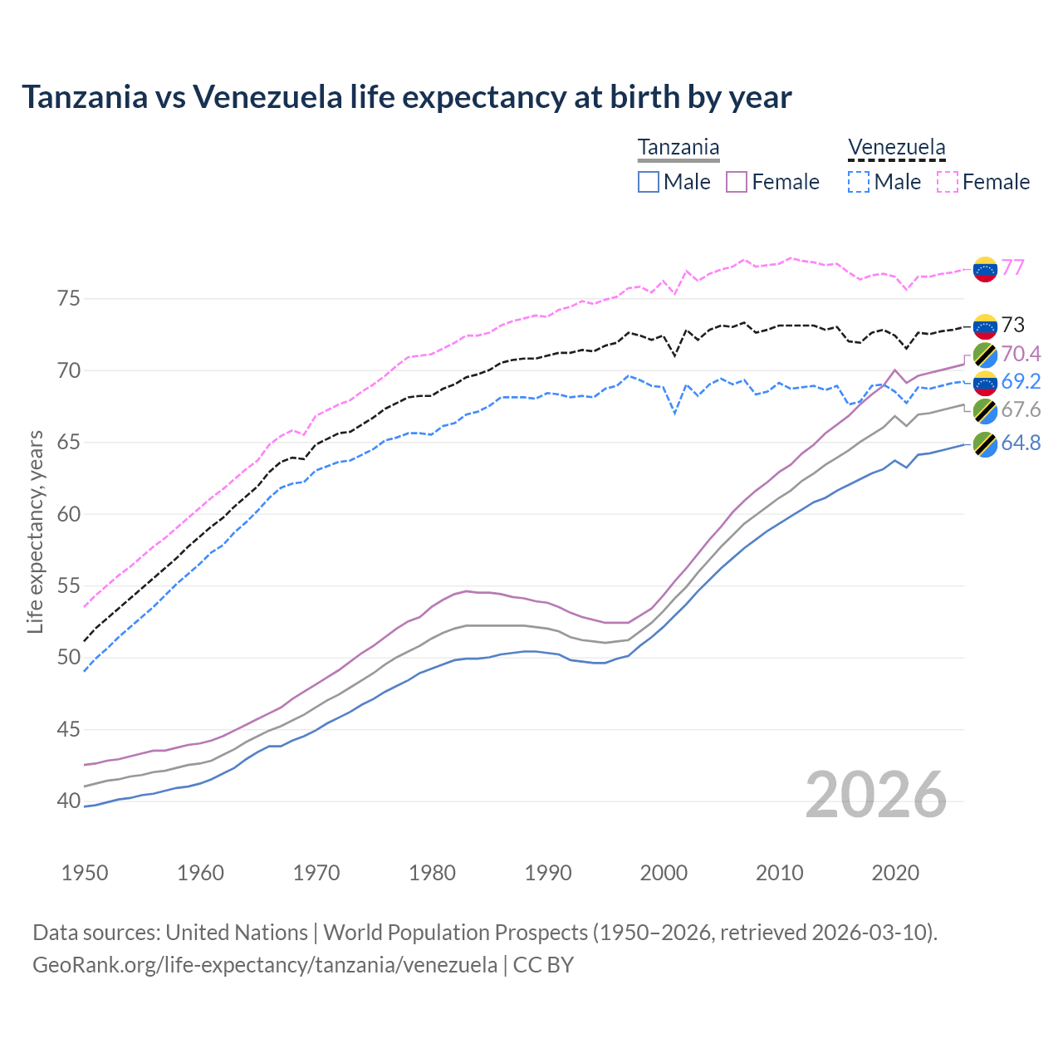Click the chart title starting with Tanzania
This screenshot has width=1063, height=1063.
[406, 97]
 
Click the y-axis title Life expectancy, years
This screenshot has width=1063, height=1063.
[35, 531]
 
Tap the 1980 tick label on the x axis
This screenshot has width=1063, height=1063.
[432, 873]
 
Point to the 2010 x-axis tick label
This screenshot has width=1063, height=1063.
[779, 873]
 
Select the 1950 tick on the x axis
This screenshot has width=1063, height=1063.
[85, 873]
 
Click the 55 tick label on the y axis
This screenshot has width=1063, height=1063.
[69, 585]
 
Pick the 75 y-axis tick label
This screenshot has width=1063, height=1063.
[69, 298]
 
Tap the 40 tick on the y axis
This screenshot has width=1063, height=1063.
[69, 801]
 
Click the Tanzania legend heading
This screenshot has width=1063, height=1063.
[678, 147]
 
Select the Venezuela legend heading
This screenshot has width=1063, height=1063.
[896, 147]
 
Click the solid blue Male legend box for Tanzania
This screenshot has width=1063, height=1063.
[649, 182]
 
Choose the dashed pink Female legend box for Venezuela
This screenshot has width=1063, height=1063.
[948, 182]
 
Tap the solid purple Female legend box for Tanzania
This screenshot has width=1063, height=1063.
[737, 182]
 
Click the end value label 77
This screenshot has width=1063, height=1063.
[1012, 267]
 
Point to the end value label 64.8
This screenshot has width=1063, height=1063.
[1021, 443]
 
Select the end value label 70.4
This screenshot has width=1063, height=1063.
[1021, 355]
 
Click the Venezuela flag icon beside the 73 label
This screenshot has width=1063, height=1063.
[985, 326]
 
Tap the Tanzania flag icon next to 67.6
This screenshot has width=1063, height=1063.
[985, 410]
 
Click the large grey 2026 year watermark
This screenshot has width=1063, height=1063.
[876, 795]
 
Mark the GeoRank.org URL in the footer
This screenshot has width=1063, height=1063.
[265, 965]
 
